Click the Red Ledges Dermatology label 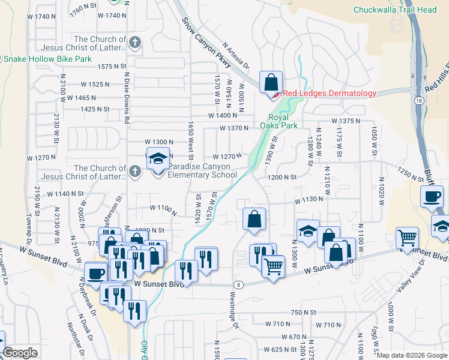330,93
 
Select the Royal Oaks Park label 274,121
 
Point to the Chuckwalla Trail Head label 395,10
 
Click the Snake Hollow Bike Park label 47,59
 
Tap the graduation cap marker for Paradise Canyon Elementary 158,160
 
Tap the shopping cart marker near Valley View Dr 408,238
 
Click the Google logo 20,353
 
